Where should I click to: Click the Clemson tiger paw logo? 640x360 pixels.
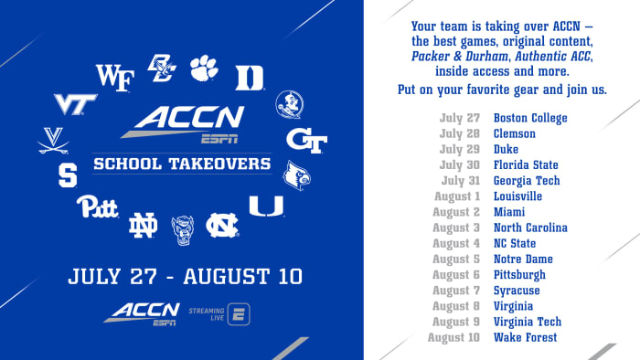[x=204, y=68]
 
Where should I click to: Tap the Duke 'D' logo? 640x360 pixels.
[x=249, y=78]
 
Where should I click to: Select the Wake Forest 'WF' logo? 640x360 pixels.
[x=115, y=76]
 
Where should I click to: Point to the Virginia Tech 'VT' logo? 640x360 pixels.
[x=75, y=103]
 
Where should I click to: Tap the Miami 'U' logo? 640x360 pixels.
[x=266, y=206]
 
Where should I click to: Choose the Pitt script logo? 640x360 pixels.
[x=97, y=206]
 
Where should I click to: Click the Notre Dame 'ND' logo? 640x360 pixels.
[x=143, y=224]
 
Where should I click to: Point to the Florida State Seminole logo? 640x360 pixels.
[x=290, y=104]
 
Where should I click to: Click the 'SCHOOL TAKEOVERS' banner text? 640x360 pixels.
[x=182, y=165]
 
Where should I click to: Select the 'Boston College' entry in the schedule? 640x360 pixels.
[x=530, y=118]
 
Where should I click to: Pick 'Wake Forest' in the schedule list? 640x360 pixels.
[x=525, y=338]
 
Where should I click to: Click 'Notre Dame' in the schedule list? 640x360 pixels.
[x=523, y=259]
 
